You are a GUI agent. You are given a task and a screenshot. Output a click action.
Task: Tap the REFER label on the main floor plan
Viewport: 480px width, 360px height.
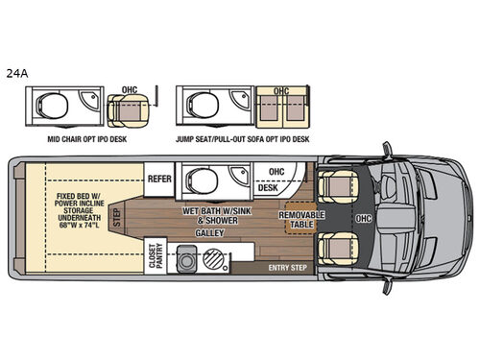point(158,179)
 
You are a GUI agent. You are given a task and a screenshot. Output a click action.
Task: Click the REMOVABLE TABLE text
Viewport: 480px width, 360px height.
point(301,220)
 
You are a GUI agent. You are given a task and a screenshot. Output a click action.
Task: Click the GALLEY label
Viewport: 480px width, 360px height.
point(209,232)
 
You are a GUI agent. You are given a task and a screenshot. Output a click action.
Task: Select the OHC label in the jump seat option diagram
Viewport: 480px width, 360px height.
point(281,91)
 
